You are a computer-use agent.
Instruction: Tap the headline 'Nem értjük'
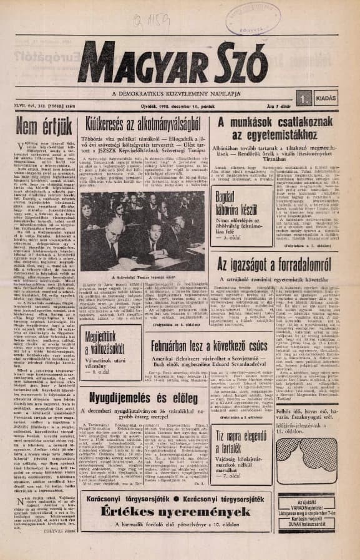point(42,125)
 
